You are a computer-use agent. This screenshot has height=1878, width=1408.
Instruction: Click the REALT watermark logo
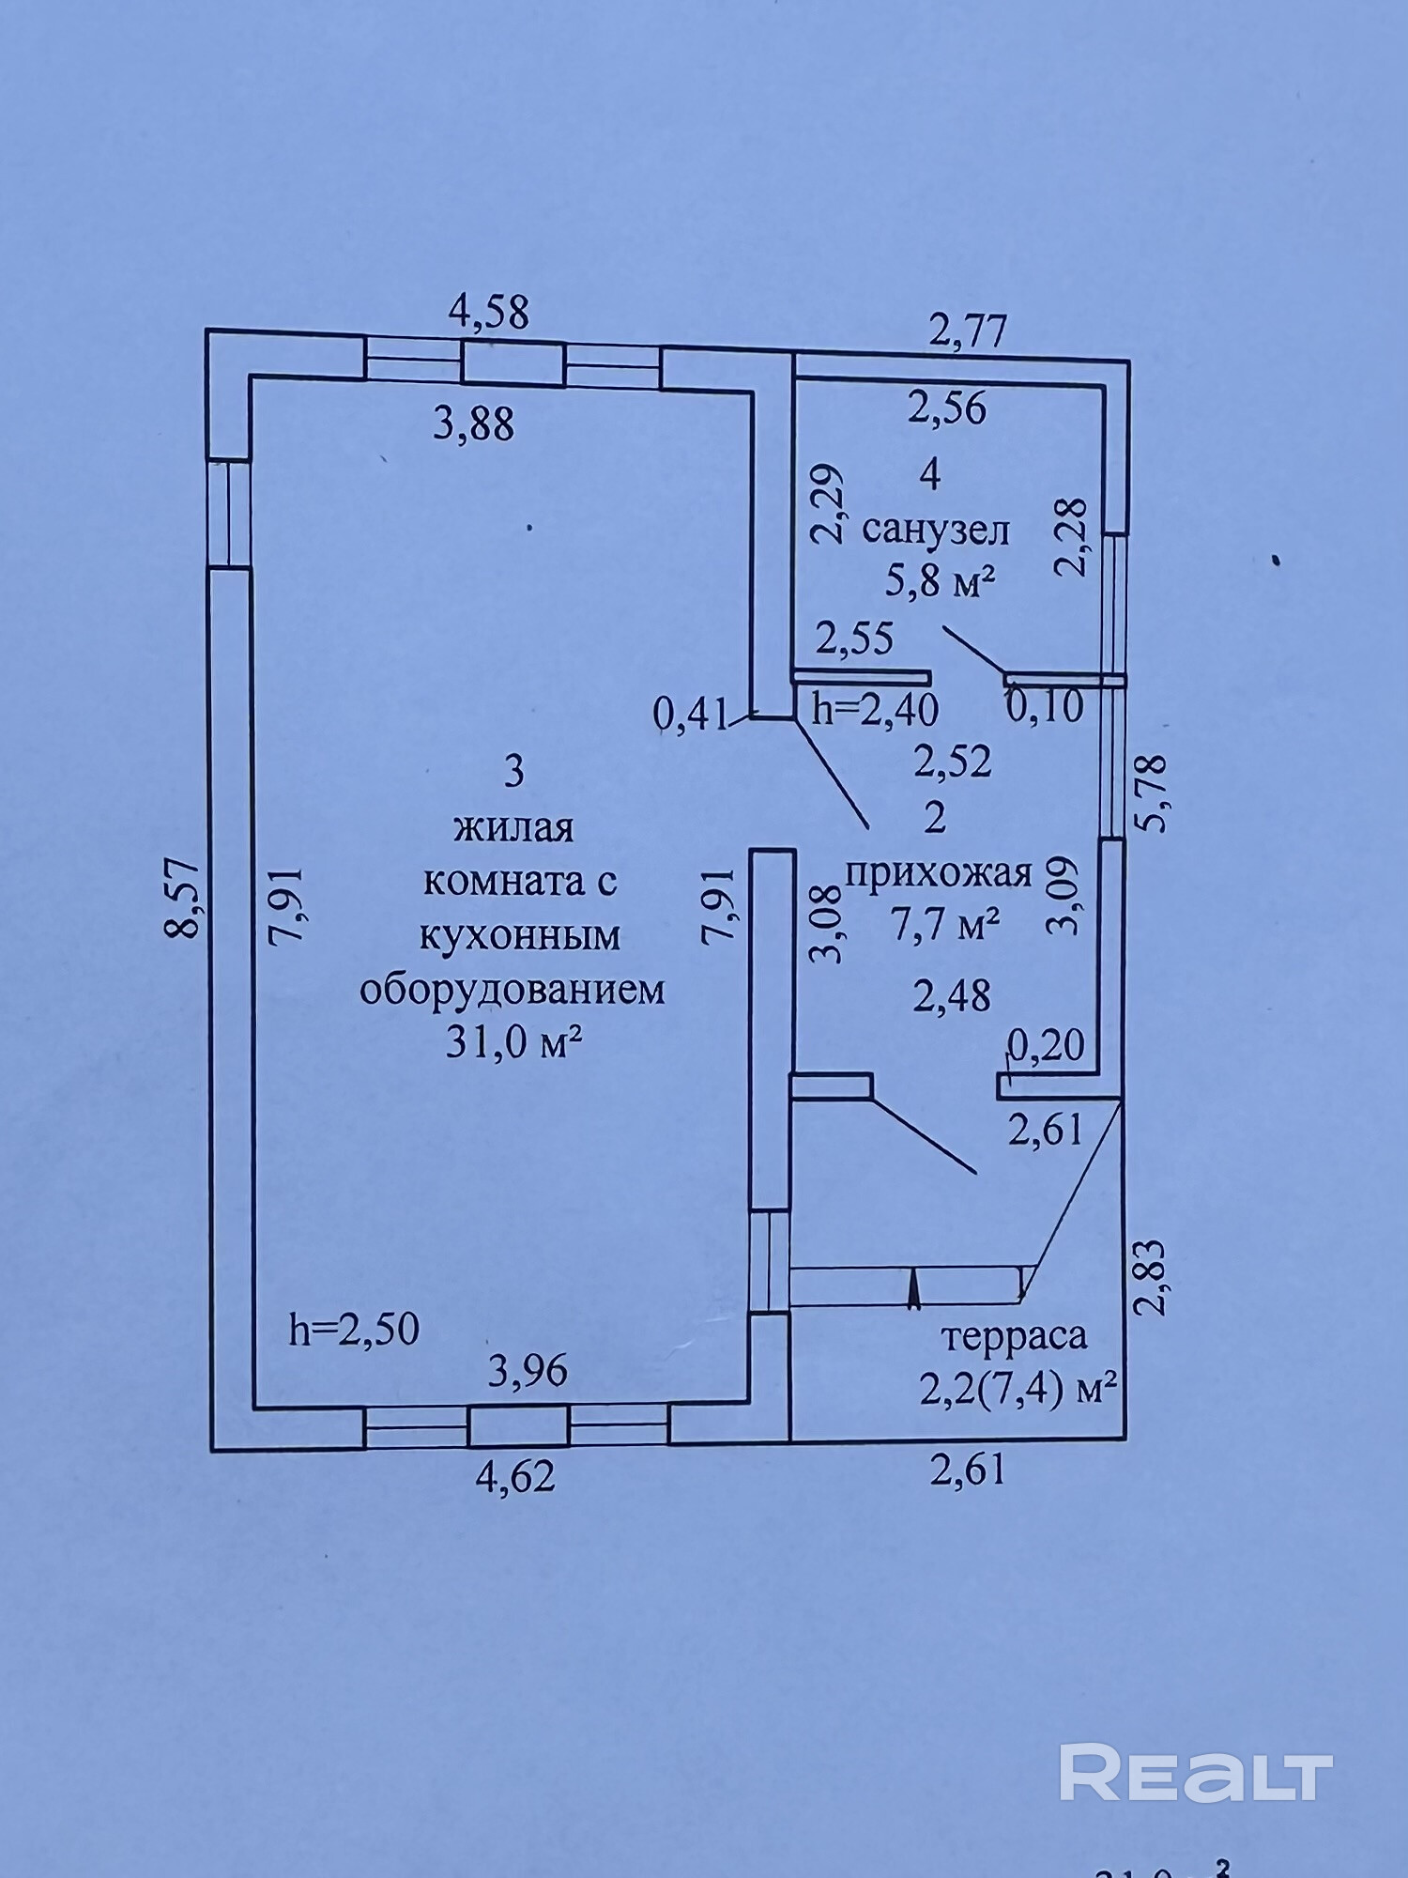click(1196, 1773)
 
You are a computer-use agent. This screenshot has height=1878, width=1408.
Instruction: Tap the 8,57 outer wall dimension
click(182, 900)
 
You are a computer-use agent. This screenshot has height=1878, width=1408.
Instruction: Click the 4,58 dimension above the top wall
click(488, 312)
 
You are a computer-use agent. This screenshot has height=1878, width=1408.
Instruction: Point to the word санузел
click(935, 531)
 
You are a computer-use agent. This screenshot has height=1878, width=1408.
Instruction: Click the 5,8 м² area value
click(940, 583)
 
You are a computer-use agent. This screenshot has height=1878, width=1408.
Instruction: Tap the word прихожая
click(939, 874)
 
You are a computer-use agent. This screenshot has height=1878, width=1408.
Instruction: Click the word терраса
click(1014, 1334)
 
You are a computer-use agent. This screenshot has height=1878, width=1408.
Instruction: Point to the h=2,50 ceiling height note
click(354, 1330)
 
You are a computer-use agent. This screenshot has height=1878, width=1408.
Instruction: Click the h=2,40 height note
click(875, 710)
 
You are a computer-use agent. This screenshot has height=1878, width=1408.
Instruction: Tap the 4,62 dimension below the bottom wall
click(515, 1477)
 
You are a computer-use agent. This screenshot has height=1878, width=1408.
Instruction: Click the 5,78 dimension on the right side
click(1152, 793)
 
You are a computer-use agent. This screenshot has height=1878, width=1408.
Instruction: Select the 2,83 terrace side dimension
click(1152, 1278)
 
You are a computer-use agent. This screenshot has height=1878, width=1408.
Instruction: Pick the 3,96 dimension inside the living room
click(528, 1372)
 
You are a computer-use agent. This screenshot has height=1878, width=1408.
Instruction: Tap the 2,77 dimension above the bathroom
click(968, 331)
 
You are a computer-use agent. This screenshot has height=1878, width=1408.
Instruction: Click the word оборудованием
click(513, 990)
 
